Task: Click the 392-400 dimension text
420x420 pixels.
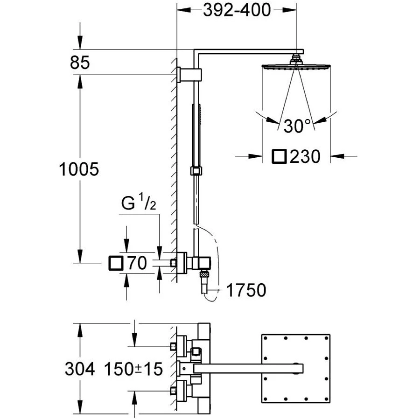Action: (x=237, y=10)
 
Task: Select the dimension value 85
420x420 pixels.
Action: (x=79, y=63)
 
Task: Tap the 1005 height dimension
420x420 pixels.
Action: (x=79, y=169)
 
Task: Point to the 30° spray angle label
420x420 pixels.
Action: (x=297, y=126)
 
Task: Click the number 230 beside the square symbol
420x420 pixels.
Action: (x=305, y=156)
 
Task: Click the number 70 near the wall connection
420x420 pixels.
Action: (x=137, y=263)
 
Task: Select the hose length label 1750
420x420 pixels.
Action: (x=246, y=290)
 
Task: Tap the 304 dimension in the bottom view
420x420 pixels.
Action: (x=79, y=369)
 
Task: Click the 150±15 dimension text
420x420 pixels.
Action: (x=133, y=369)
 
